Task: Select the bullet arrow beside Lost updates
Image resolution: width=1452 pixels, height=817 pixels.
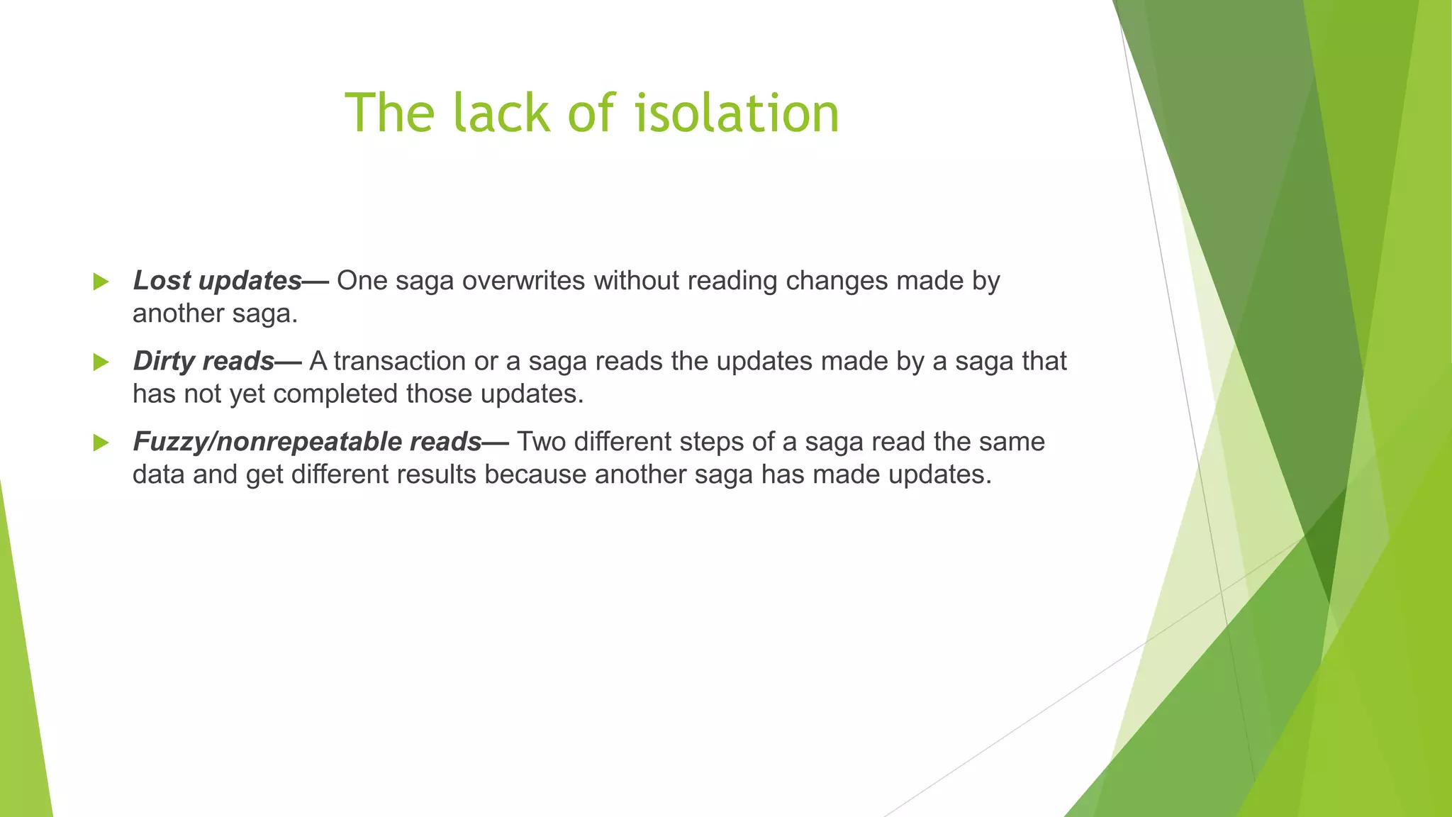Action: pos(101,282)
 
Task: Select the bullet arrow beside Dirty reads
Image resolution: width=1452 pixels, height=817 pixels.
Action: pos(101,362)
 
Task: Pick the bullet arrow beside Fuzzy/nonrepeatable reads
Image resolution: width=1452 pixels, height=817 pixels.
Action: pos(101,443)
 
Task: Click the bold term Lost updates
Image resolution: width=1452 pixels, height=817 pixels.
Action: pos(218,281)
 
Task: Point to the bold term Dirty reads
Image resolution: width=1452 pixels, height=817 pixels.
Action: pos(203,362)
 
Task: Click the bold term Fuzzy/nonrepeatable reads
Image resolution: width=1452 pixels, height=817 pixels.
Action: pos(307,442)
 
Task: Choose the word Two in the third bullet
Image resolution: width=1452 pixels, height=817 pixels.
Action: pos(541,442)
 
